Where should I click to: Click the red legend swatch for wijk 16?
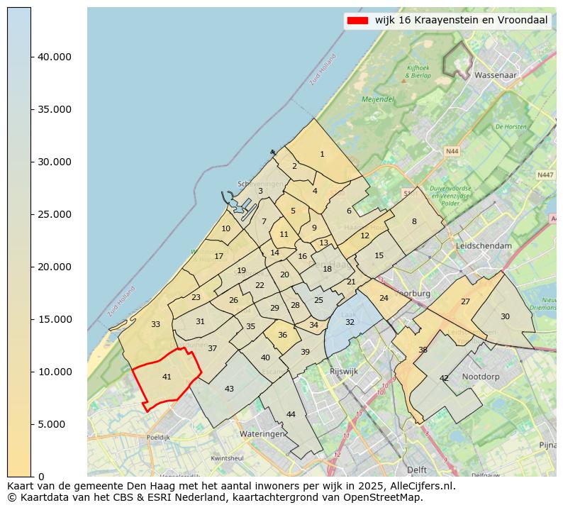(x=357, y=21)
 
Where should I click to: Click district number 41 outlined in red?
(x=167, y=377)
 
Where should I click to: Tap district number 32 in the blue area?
(x=350, y=322)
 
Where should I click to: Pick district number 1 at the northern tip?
(x=322, y=154)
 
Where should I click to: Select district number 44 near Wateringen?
(x=291, y=414)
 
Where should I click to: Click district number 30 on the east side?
(x=505, y=316)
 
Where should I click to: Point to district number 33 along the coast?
(x=155, y=324)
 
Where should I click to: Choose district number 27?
(x=465, y=301)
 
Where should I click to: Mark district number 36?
(x=282, y=335)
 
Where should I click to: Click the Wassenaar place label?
(x=496, y=74)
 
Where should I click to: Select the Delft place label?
(x=417, y=470)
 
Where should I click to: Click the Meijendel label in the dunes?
(x=377, y=100)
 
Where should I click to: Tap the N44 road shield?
(x=452, y=151)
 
